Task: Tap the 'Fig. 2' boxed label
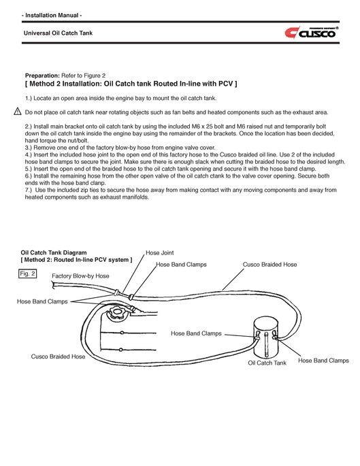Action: [x=29, y=273]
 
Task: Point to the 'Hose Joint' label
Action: [x=159, y=252]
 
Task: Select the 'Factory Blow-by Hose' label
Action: [x=80, y=276]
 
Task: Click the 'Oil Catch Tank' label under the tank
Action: [x=267, y=363]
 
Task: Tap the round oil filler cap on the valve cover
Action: [x=116, y=314]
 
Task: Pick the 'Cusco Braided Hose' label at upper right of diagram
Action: [x=269, y=264]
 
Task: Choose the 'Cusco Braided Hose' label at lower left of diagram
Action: [x=58, y=356]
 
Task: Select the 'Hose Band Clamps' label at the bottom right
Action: [x=323, y=361]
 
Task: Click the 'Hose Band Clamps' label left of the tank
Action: [x=196, y=333]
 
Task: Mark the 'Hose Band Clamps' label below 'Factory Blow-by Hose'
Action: [x=42, y=301]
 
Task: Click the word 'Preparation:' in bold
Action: [x=42, y=76]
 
